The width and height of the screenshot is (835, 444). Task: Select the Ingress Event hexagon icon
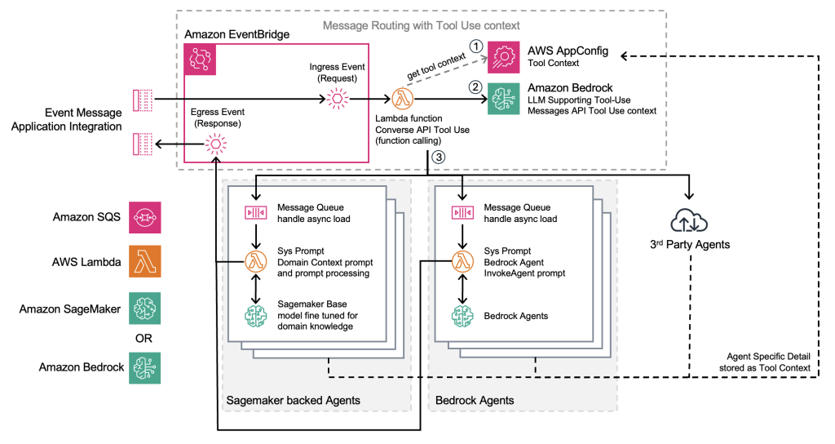point(337,100)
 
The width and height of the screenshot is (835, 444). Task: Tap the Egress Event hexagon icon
point(216,145)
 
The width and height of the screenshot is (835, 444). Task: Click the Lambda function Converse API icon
point(401,100)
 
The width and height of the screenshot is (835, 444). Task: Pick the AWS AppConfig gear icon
point(503,57)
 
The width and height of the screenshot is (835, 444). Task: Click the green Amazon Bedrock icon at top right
point(503,100)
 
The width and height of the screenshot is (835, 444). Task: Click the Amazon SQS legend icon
point(144,218)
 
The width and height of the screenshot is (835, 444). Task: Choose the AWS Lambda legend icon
point(144,263)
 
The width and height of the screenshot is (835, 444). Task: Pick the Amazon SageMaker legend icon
point(144,308)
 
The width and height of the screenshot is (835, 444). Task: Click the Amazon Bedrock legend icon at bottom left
point(144,367)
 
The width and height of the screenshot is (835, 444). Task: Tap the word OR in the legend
point(144,337)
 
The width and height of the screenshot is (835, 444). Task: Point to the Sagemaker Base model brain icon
point(257,315)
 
